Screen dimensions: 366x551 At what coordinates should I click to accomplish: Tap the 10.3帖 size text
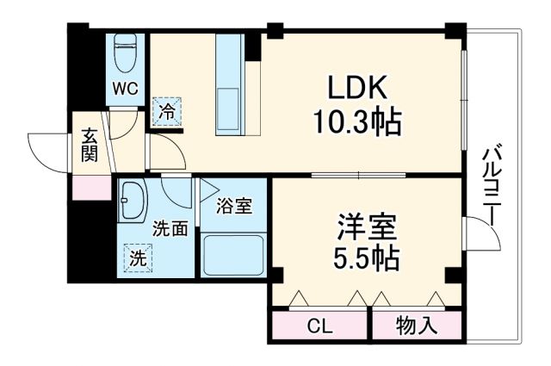pos(356,123)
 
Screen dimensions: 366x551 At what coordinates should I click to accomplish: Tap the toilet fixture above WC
pos(125,53)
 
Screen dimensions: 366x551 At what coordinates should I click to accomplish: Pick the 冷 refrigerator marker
pos(167,111)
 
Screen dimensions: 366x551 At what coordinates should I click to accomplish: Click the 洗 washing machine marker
pos(136,256)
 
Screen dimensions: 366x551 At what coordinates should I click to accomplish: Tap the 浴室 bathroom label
pos(235,206)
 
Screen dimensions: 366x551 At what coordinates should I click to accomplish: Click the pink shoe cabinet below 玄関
pos(90,186)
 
